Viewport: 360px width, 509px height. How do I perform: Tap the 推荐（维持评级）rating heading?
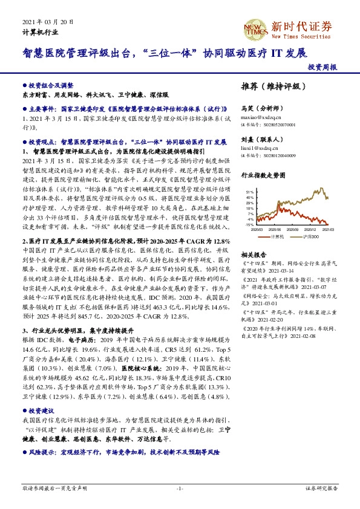pyautogui.click(x=270, y=86)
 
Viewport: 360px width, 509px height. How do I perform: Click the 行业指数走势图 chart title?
pyautogui.click(x=264, y=175)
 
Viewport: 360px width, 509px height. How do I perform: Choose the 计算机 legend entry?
pyautogui.click(x=280, y=236)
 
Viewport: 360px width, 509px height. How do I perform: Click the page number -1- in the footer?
pyautogui.click(x=179, y=488)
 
